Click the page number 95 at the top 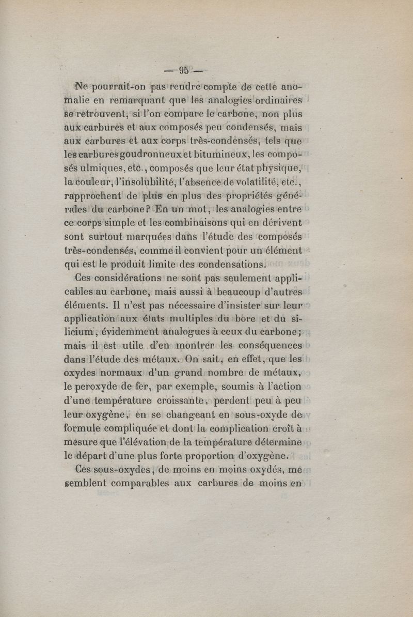[183, 70]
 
